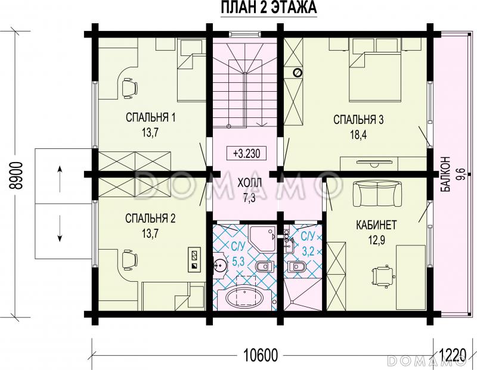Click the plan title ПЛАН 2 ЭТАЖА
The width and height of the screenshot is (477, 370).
click(x=269, y=8)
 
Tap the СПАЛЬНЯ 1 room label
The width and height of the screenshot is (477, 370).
click(x=150, y=117)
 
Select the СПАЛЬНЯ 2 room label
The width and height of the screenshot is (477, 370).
click(x=150, y=218)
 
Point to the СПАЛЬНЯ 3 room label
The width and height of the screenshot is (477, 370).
click(x=358, y=120)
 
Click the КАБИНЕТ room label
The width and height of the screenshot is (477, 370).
click(x=376, y=225)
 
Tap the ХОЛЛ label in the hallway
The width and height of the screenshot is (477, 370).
click(x=249, y=184)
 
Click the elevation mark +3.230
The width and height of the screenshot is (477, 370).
click(x=247, y=153)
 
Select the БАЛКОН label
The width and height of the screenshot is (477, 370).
click(x=445, y=174)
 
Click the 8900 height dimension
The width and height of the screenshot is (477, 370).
click(x=16, y=176)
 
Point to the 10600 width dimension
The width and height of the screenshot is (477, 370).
click(x=261, y=355)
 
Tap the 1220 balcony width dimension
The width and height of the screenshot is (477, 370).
click(x=453, y=355)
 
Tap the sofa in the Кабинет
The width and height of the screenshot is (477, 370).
click(x=377, y=194)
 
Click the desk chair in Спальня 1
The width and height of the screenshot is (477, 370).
click(x=130, y=88)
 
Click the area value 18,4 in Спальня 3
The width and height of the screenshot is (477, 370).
click(x=358, y=135)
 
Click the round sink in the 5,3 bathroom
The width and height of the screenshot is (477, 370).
click(x=219, y=265)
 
